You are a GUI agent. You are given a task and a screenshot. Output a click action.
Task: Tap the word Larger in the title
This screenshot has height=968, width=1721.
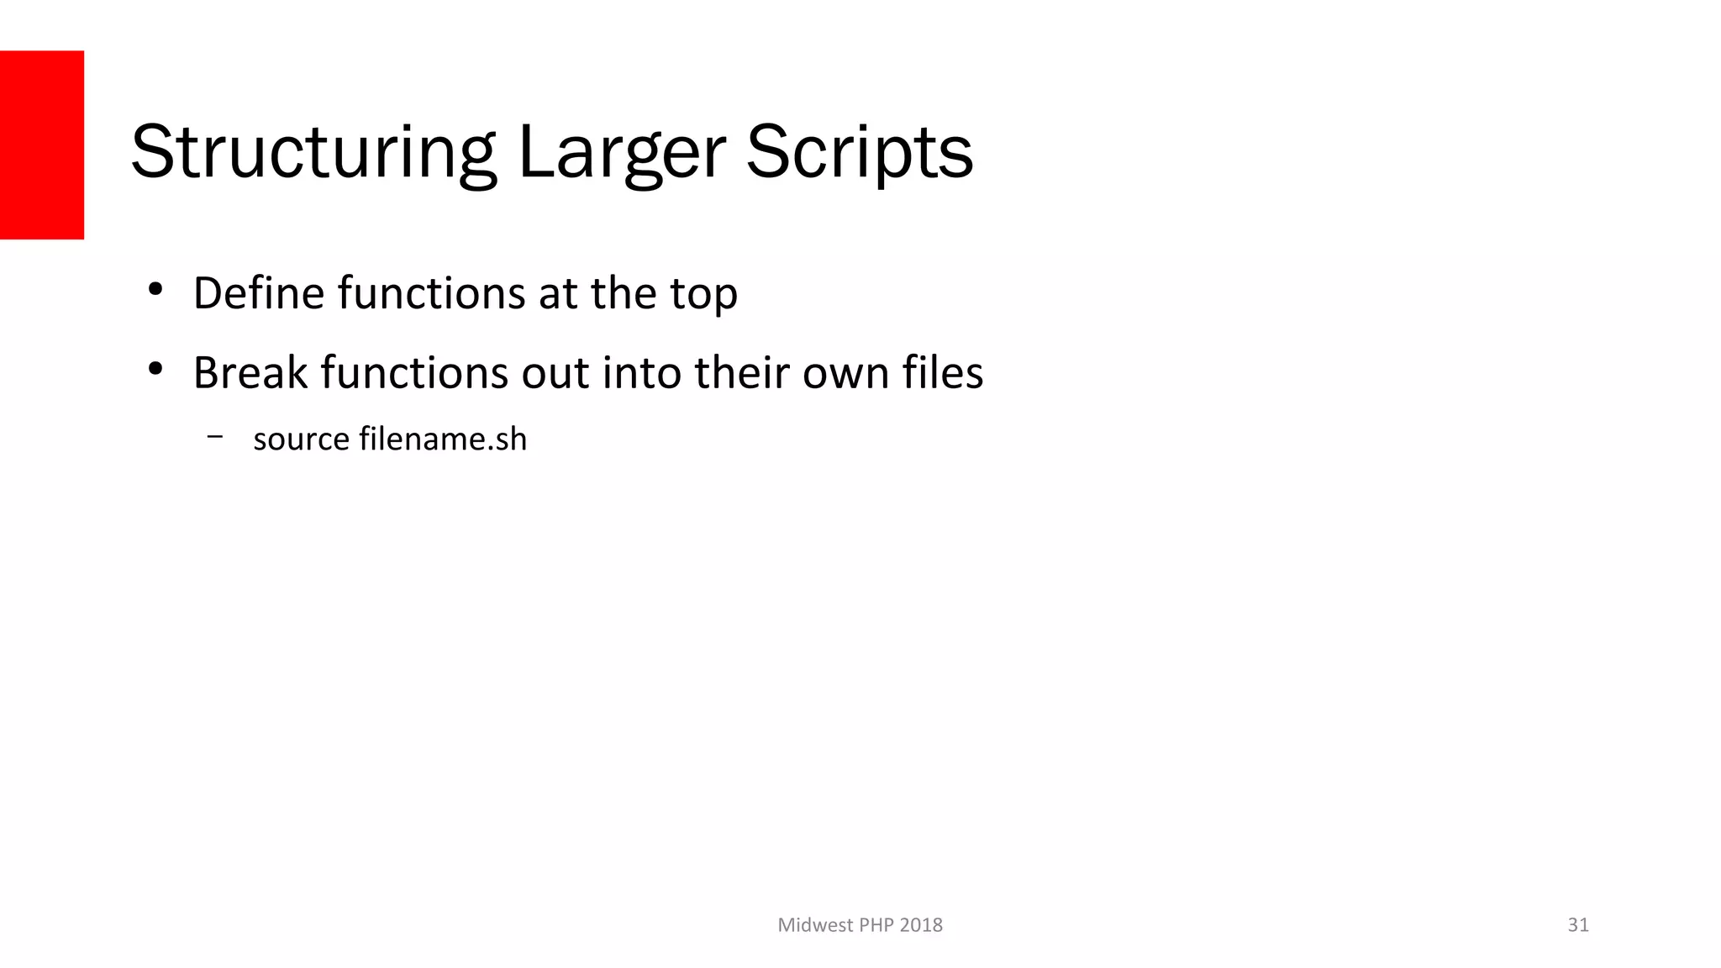tap(622, 152)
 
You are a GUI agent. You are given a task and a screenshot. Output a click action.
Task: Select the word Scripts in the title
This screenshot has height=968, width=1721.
tap(860, 152)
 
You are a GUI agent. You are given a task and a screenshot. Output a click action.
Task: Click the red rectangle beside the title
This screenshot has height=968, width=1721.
tap(42, 145)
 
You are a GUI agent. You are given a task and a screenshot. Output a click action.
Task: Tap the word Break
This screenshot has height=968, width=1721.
tap(250, 372)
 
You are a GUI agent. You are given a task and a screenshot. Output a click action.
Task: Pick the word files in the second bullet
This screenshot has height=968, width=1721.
tap(942, 372)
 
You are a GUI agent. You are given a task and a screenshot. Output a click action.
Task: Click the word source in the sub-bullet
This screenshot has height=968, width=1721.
tap(301, 439)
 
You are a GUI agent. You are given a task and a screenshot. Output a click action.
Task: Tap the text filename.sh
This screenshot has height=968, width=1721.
tap(443, 439)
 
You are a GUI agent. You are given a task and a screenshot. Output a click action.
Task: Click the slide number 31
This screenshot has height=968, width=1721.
tap(1578, 925)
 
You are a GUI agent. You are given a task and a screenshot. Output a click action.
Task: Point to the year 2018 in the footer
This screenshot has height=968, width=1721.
tap(921, 925)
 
